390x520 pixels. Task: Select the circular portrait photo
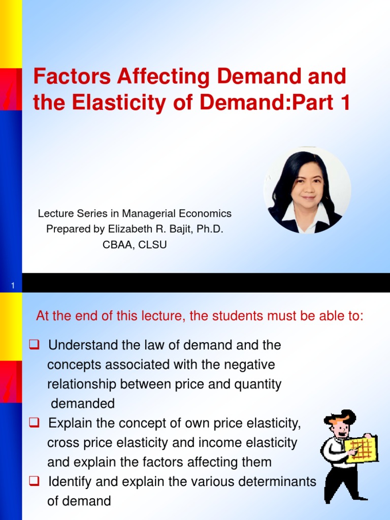click(x=307, y=190)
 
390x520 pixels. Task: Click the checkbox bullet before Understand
click(x=35, y=345)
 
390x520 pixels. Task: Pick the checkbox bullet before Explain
click(x=35, y=423)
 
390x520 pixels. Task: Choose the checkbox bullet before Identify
click(x=35, y=481)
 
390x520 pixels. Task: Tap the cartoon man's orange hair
click(x=339, y=419)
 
